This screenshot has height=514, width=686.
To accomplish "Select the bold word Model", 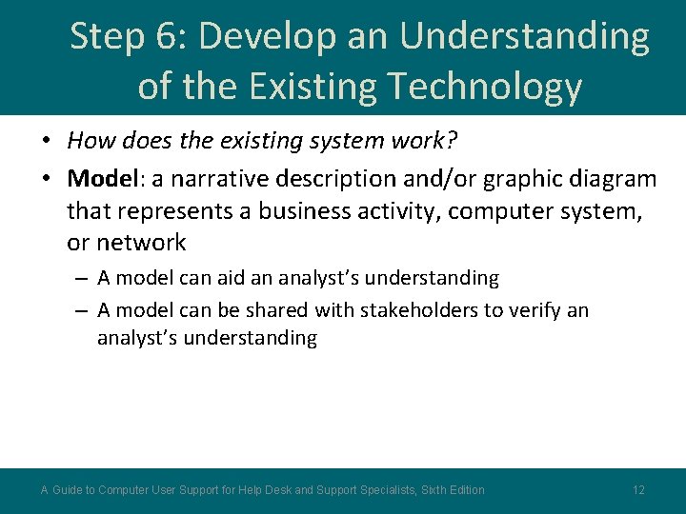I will [101, 178].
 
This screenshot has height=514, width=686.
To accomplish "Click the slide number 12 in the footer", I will [638, 490].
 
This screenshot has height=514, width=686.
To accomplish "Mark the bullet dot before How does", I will [46, 142].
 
